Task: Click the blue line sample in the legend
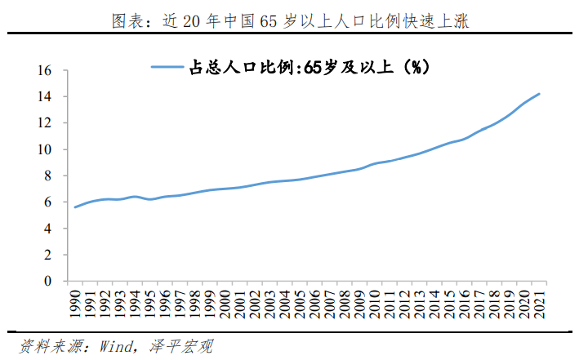pos(169,68)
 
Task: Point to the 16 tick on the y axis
pos(44,71)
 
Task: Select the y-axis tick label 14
pos(44,97)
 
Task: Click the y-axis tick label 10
pos(44,149)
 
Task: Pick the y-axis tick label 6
pos(47,202)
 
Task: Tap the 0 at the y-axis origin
pos(47,281)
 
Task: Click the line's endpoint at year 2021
pos(539,94)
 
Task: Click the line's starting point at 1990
pos(75,207)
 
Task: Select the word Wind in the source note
pos(116,346)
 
